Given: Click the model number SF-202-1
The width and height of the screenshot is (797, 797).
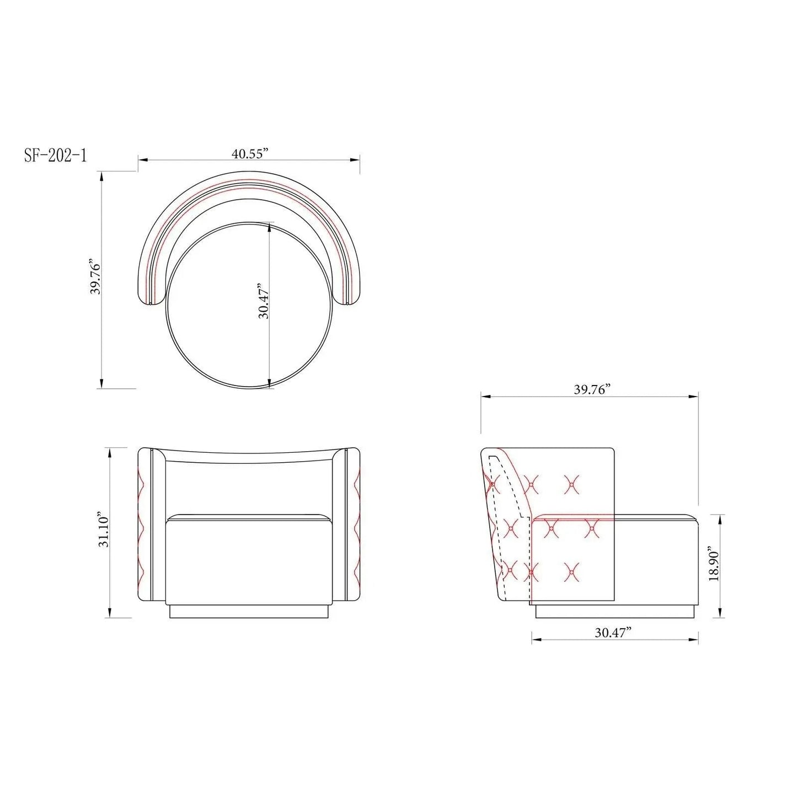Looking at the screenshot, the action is click(x=55, y=156).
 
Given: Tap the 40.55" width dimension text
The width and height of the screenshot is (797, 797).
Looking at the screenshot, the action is click(x=250, y=154).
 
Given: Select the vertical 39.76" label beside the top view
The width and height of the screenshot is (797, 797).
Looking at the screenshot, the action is click(x=96, y=276).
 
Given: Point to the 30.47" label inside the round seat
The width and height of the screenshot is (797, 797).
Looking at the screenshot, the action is click(x=264, y=301).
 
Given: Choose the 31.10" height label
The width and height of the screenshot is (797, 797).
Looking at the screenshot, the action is click(x=104, y=532).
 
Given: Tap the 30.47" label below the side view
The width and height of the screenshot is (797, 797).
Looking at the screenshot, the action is click(x=613, y=644).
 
